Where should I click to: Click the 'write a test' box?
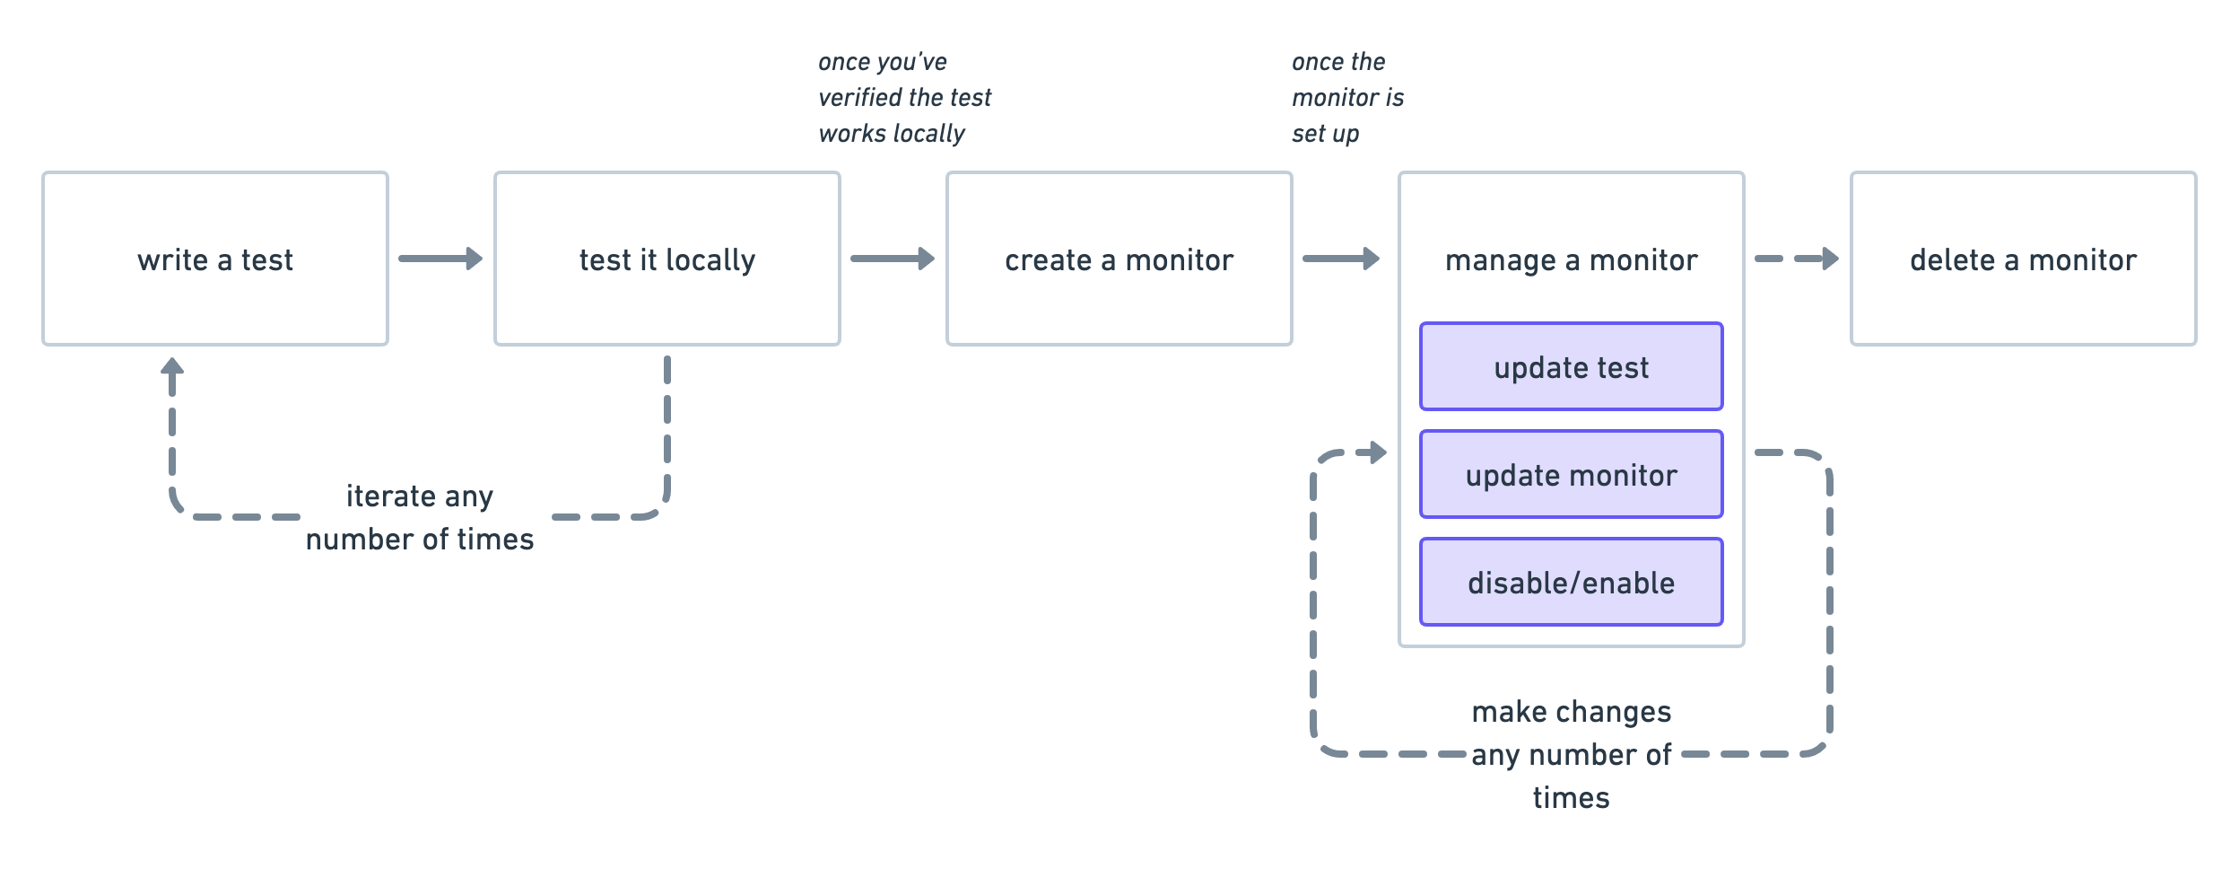[x=215, y=259]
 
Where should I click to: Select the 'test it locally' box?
[x=666, y=259]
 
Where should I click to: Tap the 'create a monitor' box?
[x=1119, y=259]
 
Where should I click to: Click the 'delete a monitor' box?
[x=2023, y=259]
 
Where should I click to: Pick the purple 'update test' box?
[x=1571, y=366]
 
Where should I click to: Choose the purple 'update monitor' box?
[x=1571, y=474]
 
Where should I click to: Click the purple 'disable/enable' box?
[x=1571, y=582]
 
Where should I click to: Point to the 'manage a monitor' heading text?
[x=1571, y=260]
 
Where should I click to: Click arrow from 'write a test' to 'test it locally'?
[x=440, y=259]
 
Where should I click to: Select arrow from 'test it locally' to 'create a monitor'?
[x=892, y=259]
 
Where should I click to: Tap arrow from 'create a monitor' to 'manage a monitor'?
[x=1340, y=259]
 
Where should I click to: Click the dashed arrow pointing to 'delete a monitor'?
[x=1796, y=259]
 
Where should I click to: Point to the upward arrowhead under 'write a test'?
[x=172, y=367]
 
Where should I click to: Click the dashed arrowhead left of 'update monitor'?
[x=1375, y=452]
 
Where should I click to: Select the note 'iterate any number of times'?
[x=420, y=517]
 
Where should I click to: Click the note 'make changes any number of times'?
[x=1571, y=754]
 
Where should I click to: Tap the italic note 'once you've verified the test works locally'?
[x=904, y=97]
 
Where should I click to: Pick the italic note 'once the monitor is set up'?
[x=1347, y=97]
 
